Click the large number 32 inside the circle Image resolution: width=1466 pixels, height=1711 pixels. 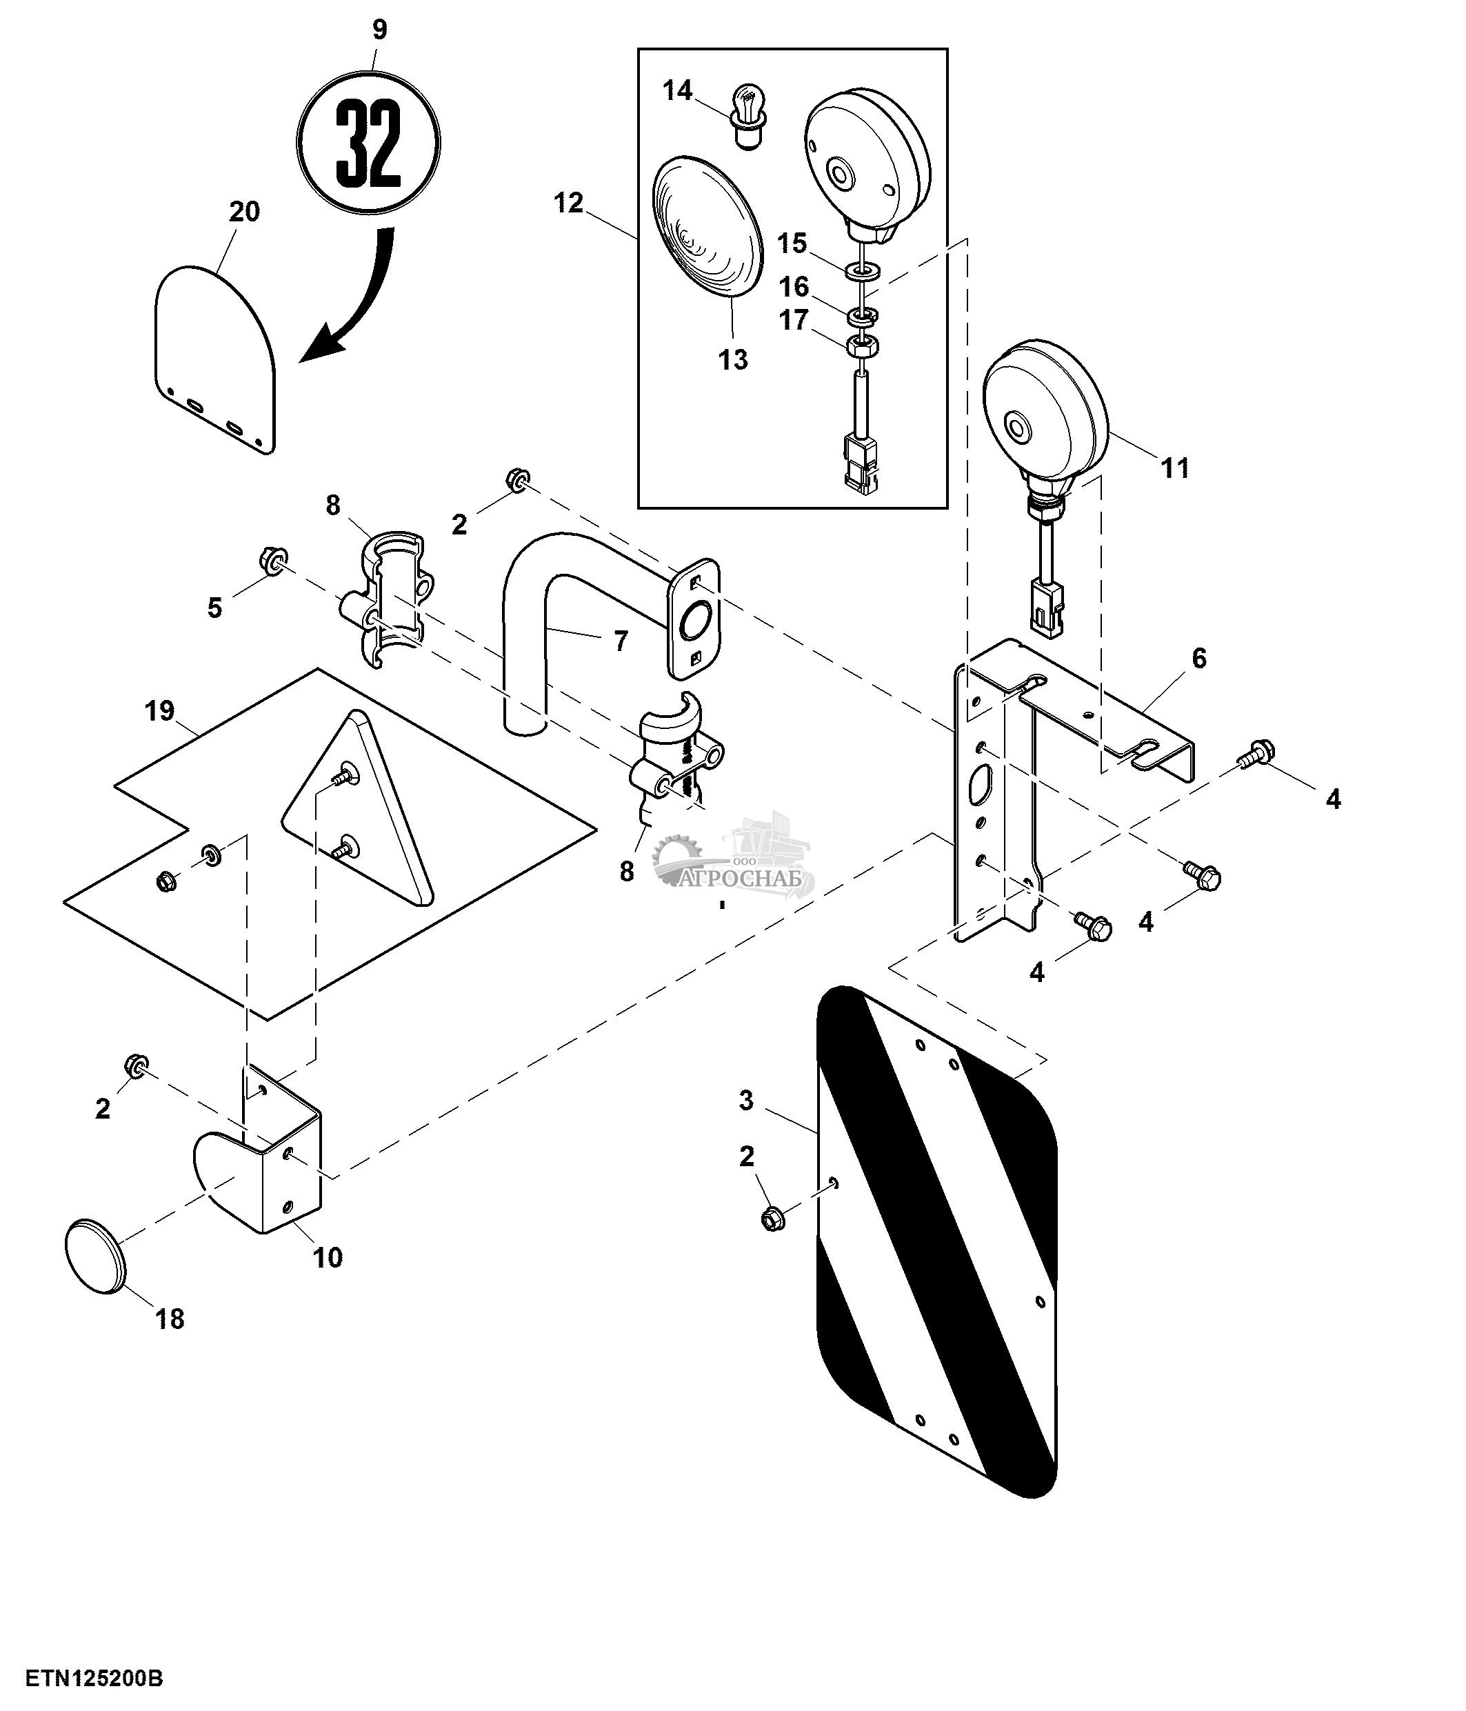368,143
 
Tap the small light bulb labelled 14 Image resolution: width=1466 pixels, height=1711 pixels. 747,117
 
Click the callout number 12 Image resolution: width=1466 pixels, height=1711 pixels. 568,203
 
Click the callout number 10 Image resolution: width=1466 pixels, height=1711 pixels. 328,1258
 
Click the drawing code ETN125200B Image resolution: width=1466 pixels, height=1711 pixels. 94,1679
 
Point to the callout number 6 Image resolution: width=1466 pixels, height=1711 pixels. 1198,658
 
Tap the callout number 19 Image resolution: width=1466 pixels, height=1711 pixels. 160,710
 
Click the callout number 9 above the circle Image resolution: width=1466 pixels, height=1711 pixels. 379,30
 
